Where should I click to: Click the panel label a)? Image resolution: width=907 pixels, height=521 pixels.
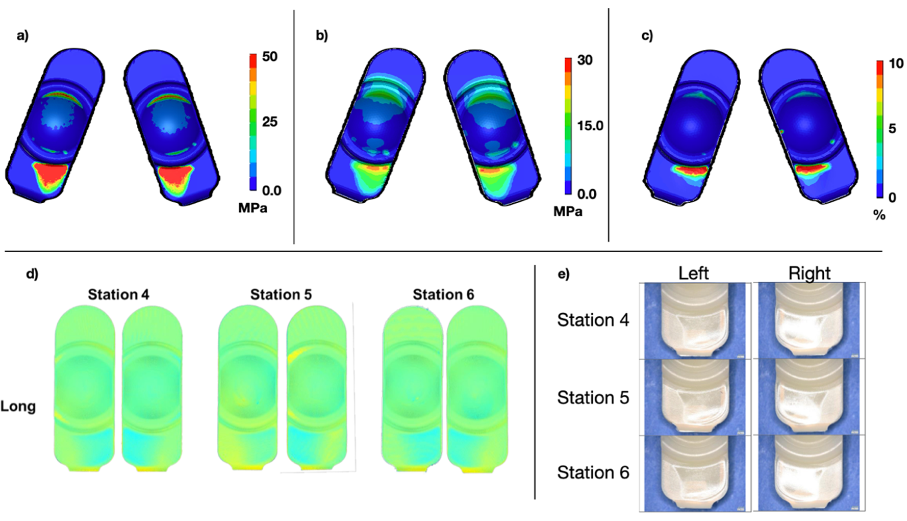tap(22, 36)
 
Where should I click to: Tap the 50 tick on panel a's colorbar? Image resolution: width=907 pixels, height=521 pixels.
tap(270, 57)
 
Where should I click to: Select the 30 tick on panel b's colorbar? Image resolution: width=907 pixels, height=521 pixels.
tap(584, 60)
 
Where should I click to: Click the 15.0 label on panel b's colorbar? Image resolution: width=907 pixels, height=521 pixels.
tap(590, 126)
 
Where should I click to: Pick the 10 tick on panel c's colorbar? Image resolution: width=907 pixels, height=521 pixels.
tap(896, 64)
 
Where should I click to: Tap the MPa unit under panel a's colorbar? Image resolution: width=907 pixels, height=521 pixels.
tap(253, 208)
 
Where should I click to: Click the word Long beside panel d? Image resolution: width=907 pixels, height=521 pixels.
tap(18, 407)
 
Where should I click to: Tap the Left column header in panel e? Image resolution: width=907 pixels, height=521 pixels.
tap(693, 274)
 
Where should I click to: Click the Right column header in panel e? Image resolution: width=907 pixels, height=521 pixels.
tap(809, 274)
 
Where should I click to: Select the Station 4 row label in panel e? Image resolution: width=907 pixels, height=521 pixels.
tap(593, 320)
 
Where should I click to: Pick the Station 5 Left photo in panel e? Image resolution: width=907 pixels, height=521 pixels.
tap(694, 397)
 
